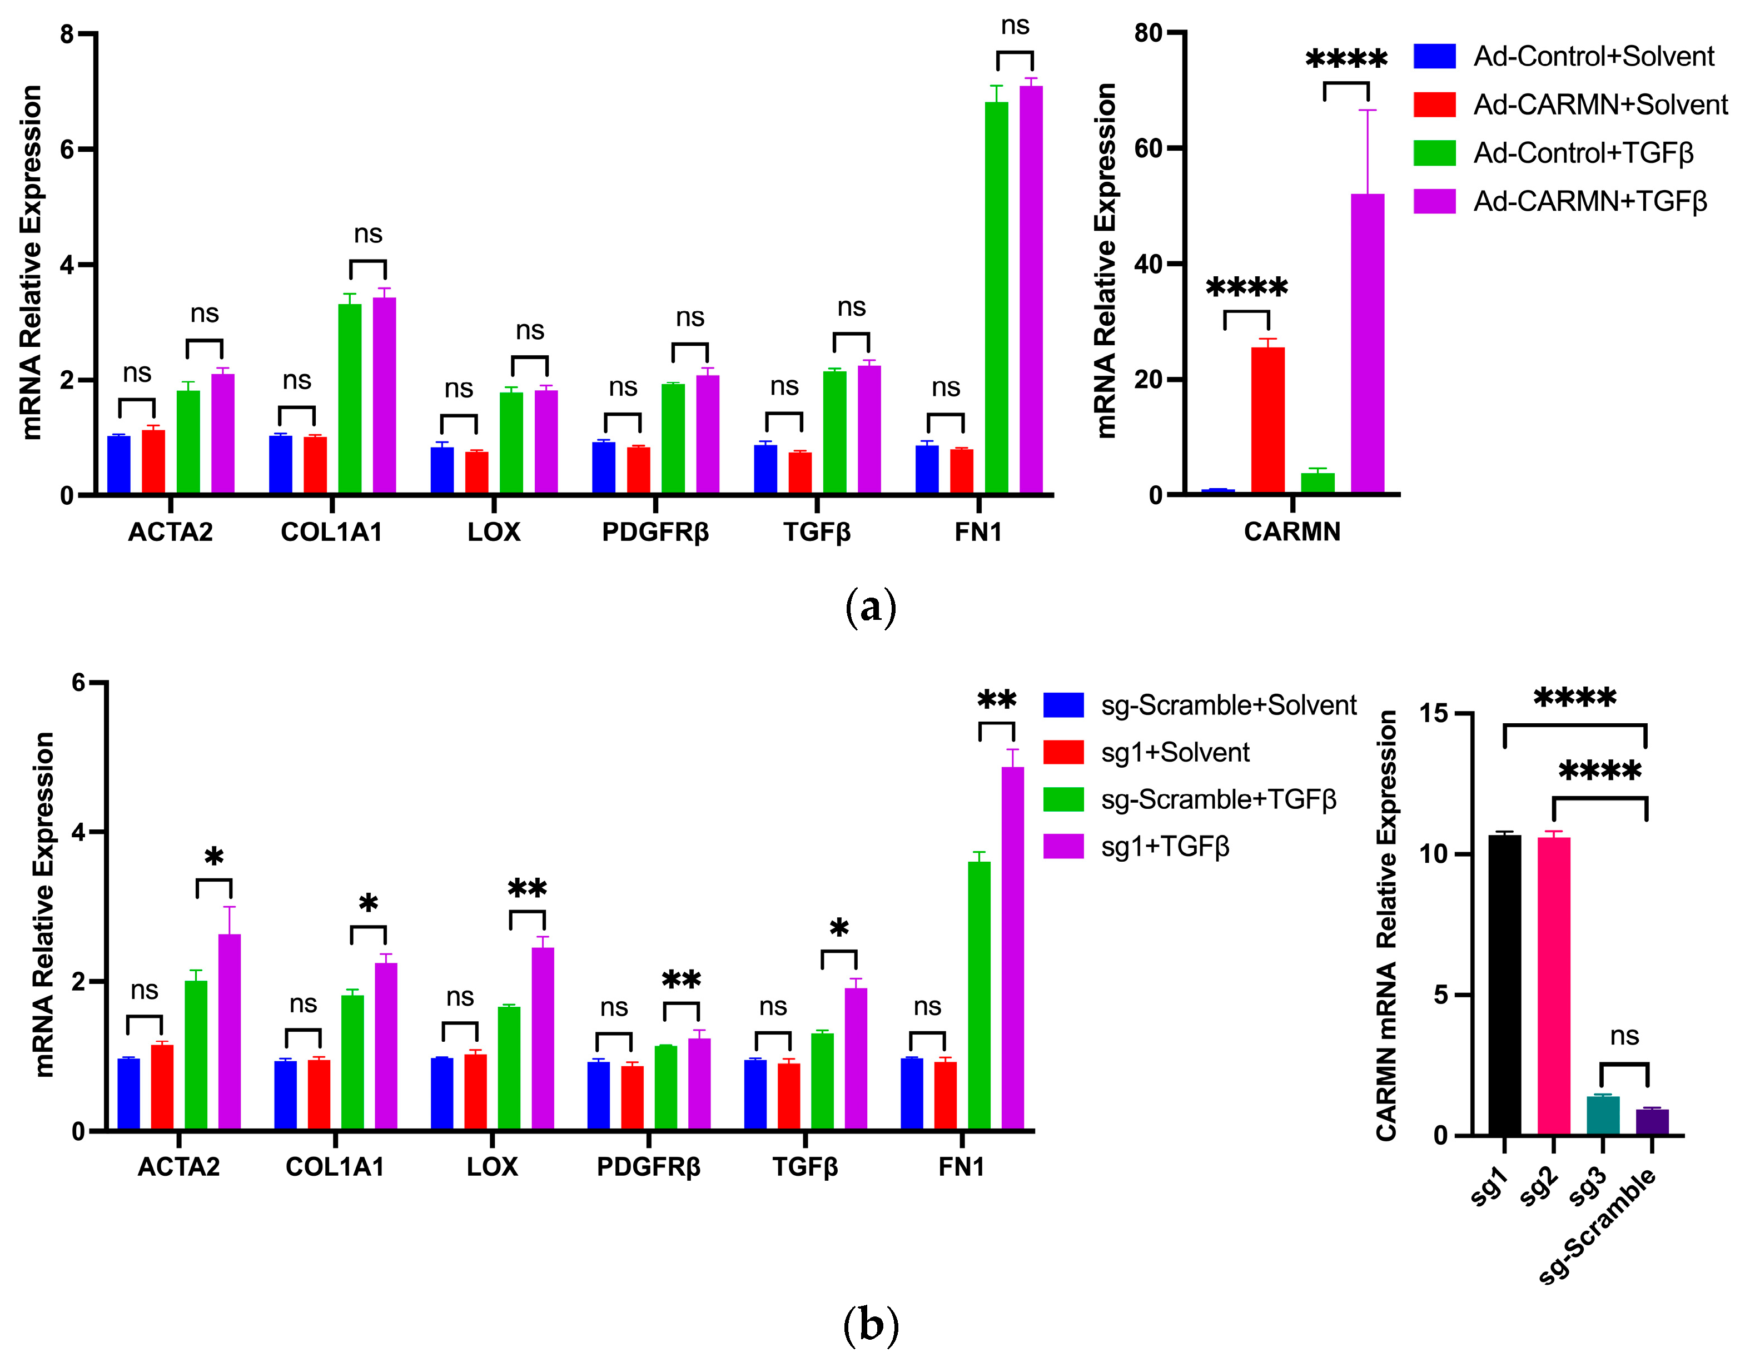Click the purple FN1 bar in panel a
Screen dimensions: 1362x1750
pos(1031,289)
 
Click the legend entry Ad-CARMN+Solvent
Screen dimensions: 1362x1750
pos(1599,105)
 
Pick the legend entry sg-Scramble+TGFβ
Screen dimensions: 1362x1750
pos(1218,799)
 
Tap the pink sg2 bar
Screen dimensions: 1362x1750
pos(1554,986)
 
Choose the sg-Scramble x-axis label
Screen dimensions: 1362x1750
pos(1599,1226)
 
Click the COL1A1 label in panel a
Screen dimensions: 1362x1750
pos(332,532)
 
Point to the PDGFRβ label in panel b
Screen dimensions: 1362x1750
pos(648,1166)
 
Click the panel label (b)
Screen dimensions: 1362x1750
pos(871,1326)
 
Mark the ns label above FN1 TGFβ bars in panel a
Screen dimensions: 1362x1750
pos(1015,26)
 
